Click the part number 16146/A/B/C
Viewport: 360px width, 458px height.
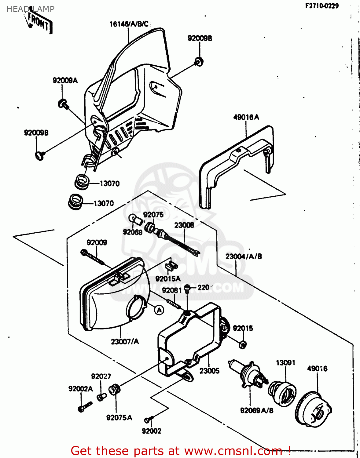129,24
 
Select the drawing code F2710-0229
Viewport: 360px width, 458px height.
322,6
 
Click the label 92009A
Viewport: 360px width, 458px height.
65,81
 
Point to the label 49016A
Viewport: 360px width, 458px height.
246,117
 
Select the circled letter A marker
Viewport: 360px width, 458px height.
159,310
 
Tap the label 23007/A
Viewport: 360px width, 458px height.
125,341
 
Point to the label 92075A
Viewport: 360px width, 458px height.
119,418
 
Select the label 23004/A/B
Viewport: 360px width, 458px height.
244,256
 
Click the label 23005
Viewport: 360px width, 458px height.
209,371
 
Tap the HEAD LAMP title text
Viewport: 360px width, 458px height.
30,9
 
